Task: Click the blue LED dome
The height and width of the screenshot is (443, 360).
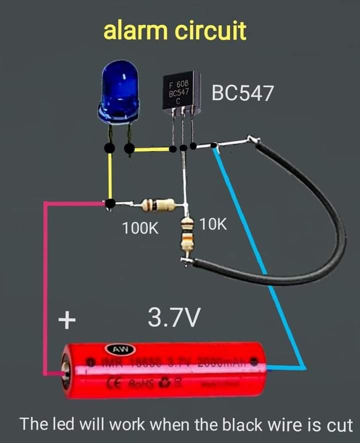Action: (119, 90)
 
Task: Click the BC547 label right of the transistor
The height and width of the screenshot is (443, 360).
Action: (243, 93)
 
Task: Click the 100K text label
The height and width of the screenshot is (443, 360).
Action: (140, 229)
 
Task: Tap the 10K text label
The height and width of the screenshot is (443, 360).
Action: (213, 225)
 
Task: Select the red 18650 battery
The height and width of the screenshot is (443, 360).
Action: (165, 370)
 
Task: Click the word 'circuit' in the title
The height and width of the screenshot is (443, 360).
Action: (210, 31)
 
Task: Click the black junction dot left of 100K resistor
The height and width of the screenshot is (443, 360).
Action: (110, 203)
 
